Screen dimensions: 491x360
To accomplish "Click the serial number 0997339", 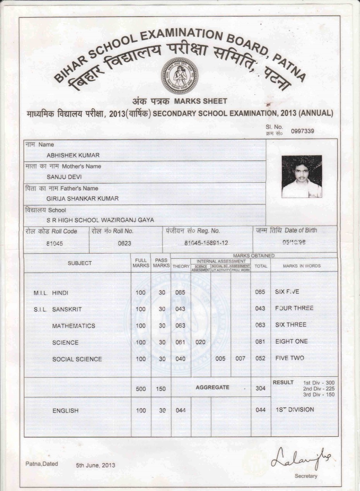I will pos(302,131).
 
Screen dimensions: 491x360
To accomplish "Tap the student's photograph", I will pos(302,177).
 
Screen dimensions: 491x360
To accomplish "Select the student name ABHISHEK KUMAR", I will pos(73,155).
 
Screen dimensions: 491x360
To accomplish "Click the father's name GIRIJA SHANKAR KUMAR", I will pos(82,199).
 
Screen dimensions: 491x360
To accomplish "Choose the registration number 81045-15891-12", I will pos(206,243).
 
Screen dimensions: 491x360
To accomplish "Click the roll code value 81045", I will pos(55,244).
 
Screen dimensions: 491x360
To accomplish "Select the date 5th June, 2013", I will pos(96,465).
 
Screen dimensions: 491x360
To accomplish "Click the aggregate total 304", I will pos(261,388).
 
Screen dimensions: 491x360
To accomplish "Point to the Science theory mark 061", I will pos(180,342).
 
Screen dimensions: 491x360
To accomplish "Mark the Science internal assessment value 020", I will pos(200,342).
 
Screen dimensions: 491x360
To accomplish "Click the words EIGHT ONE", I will pos(291,342).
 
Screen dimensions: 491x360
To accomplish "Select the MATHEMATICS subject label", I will pos(74,326).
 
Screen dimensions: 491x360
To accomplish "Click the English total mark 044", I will pos(261,410).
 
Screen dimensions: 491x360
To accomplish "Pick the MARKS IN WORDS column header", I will pos(302,266).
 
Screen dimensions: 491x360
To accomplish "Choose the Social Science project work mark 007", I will pos(240,359).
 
